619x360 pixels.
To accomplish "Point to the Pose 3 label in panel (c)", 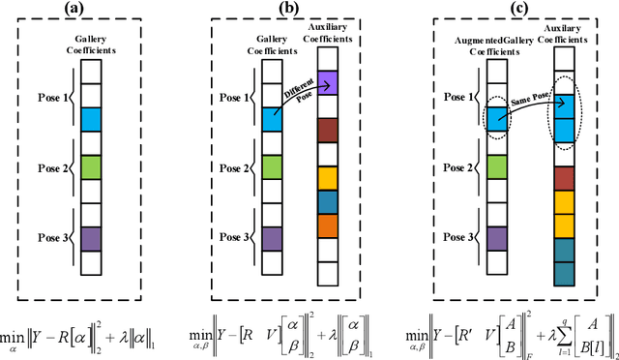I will [440, 238].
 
